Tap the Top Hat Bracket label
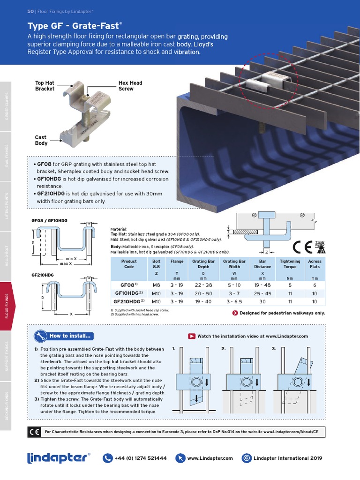[x=45, y=86]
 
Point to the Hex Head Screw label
[x=130, y=86]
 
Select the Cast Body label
[x=41, y=140]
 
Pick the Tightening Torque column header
[x=290, y=264]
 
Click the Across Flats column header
[x=315, y=264]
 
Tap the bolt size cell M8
[x=156, y=285]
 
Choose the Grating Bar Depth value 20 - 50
[x=202, y=293]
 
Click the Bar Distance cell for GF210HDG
[x=262, y=301]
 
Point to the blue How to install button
[x=65, y=336]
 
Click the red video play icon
[x=192, y=336]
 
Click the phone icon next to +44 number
[x=107, y=458]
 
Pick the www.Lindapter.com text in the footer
[x=210, y=458]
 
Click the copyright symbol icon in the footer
[x=246, y=458]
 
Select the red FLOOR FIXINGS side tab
[x=7, y=305]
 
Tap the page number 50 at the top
[x=30, y=11]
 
